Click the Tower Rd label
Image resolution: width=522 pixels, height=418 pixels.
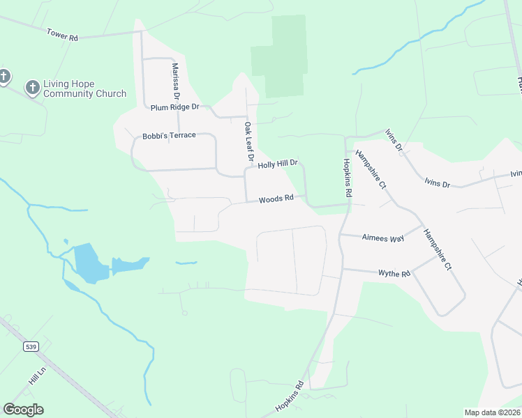[x=62, y=34]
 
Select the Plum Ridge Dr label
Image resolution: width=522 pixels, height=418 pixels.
[x=175, y=107]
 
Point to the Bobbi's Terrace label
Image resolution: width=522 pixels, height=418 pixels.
[x=169, y=136]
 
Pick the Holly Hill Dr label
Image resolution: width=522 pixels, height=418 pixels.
[x=278, y=164]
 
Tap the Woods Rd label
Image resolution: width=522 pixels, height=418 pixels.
[x=276, y=199]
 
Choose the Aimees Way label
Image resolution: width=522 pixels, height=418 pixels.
[x=383, y=238]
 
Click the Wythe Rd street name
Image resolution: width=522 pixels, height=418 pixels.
[x=394, y=274]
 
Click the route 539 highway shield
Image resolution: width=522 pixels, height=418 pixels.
[x=30, y=346]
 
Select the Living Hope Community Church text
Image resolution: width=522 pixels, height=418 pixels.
[x=84, y=88]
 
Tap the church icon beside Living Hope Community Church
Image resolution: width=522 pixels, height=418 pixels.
[x=31, y=88]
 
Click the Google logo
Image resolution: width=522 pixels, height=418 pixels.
[x=23, y=410]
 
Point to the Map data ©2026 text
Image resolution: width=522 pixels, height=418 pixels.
[x=491, y=412]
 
